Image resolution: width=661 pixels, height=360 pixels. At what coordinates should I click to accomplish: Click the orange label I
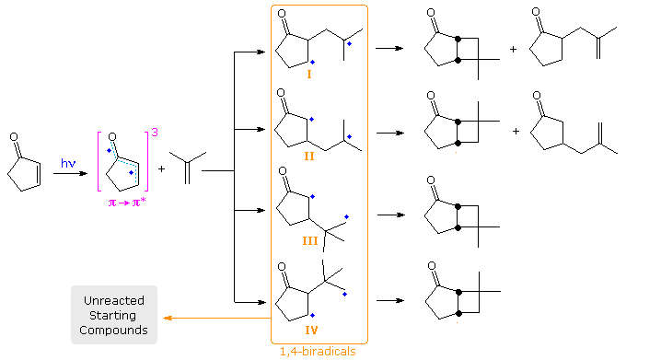[308, 73]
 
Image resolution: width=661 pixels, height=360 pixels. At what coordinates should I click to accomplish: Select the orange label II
[309, 157]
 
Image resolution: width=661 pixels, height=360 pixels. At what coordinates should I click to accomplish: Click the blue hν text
[68, 163]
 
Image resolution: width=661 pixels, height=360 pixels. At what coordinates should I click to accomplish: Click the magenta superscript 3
[155, 134]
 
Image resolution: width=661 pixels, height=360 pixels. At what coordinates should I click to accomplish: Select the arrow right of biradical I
[389, 48]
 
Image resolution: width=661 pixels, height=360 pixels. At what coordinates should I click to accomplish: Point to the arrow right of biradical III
[389, 215]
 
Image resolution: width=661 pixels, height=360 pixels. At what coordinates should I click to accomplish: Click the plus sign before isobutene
[162, 168]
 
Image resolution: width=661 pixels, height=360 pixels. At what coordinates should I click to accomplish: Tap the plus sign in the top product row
[513, 48]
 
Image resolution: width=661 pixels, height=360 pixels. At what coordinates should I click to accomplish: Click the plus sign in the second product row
[516, 132]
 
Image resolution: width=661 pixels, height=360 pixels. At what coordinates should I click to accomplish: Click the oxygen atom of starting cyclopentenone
[14, 137]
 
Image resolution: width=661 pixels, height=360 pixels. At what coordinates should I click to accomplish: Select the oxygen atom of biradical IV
[285, 273]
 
